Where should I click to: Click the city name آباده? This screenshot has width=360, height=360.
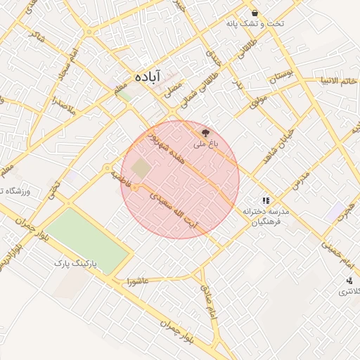pos(148,75)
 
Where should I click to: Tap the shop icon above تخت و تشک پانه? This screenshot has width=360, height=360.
pos(254,13)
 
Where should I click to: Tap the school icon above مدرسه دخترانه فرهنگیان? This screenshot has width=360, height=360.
pos(266,200)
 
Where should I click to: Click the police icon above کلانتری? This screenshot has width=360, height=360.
pos(349,281)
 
